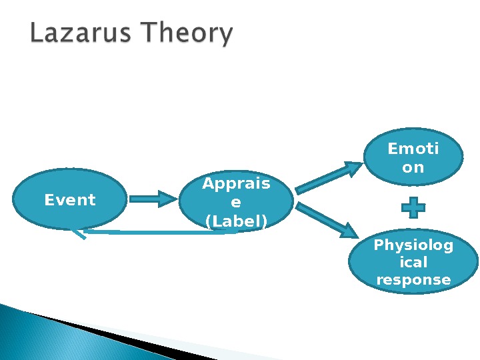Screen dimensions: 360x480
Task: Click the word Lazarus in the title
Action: [79, 34]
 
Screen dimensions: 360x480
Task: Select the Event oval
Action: [69, 199]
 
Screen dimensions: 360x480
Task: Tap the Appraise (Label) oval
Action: [236, 203]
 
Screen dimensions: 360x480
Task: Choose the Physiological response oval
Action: [413, 263]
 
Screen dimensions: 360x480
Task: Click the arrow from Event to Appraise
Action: [153, 198]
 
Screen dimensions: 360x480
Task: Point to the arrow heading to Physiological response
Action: [327, 221]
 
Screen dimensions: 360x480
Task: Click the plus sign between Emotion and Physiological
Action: [413, 207]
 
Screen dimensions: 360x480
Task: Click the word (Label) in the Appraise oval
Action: [236, 221]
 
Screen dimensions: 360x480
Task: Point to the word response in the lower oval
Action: [413, 280]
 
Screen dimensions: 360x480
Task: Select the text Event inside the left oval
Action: [69, 199]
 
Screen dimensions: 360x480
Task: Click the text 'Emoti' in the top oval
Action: [413, 149]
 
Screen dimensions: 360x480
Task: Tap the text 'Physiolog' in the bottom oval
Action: [413, 245]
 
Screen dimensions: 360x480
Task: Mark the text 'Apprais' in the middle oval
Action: [236, 184]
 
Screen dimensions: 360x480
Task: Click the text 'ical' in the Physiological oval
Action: [413, 263]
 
